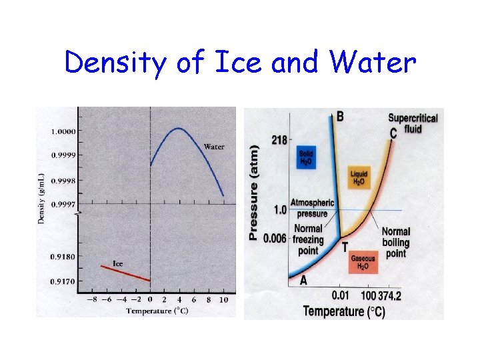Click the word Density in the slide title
pyautogui.click(x=117, y=63)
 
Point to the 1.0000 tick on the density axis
pyautogui.click(x=63, y=131)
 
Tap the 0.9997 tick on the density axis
pyautogui.click(x=63, y=204)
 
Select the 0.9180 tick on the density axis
pyautogui.click(x=63, y=256)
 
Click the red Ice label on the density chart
pyautogui.click(x=117, y=263)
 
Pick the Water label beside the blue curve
pyautogui.click(x=214, y=147)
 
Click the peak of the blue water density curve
pyautogui.click(x=179, y=128)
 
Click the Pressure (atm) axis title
pyautogui.click(x=253, y=193)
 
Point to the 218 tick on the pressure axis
pyautogui.click(x=279, y=140)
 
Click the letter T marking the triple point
pyautogui.click(x=345, y=247)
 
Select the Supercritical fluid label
pyautogui.click(x=413, y=123)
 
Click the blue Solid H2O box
pyautogui.click(x=306, y=157)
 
